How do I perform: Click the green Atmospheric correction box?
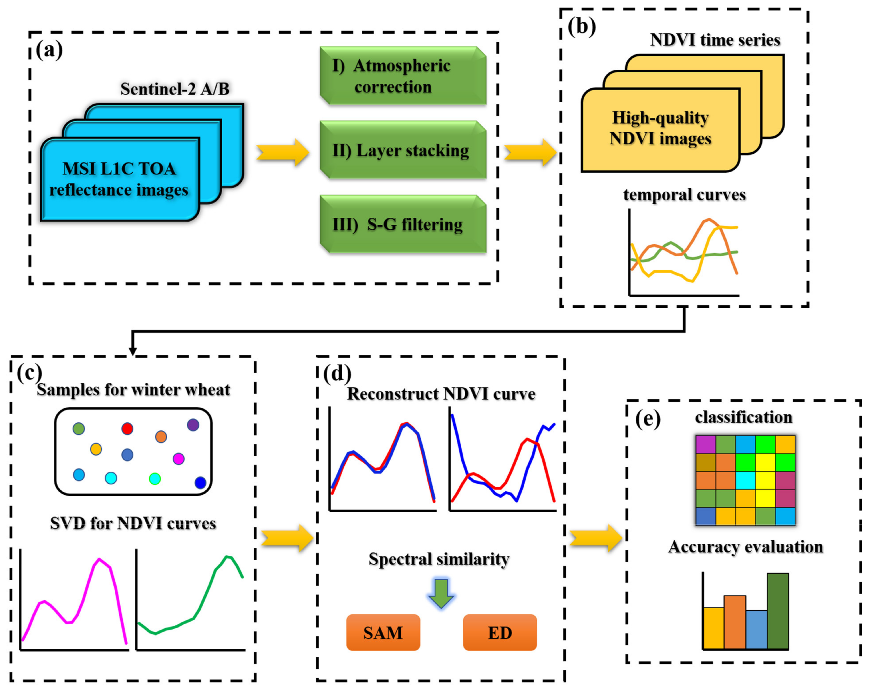402,76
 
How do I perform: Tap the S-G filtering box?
402,224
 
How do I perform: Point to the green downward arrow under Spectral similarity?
441,594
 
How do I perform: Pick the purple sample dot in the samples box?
193,425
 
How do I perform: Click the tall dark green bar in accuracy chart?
777,611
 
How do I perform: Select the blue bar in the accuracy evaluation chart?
756,629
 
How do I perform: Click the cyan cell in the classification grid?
745,480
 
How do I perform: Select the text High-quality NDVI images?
660,128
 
